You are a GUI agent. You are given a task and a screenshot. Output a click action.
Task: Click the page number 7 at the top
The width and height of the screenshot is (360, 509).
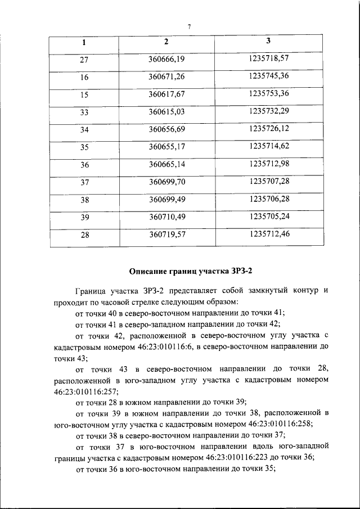[190, 26]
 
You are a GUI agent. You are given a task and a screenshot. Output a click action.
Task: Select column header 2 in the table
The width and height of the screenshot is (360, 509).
[166, 42]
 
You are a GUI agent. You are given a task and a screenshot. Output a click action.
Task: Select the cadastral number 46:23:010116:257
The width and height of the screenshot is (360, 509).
[82, 391]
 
